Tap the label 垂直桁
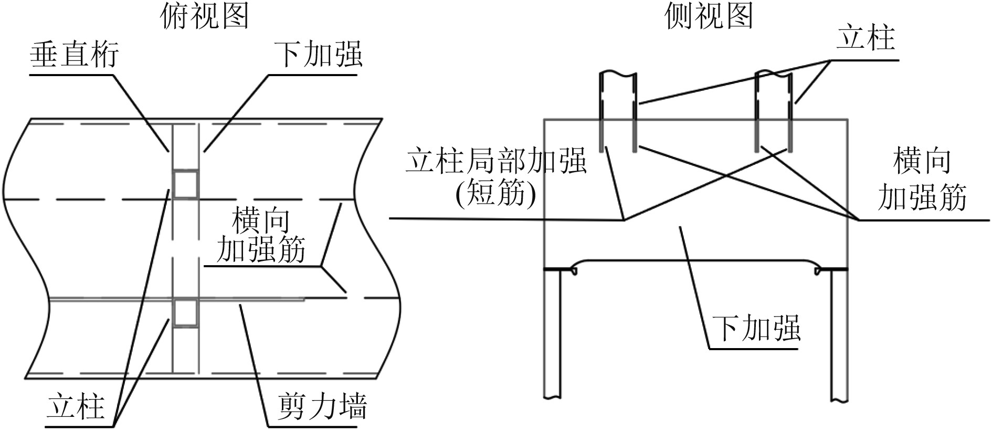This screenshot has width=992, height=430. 74,55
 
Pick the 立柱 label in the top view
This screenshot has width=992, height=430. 76,406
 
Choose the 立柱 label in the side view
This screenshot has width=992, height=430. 865,38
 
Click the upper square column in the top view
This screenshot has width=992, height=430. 186,184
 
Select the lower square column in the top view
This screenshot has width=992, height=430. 186,313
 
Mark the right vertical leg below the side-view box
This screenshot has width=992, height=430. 839,336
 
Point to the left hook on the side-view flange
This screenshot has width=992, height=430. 573,271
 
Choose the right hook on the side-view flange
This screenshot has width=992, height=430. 818,271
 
